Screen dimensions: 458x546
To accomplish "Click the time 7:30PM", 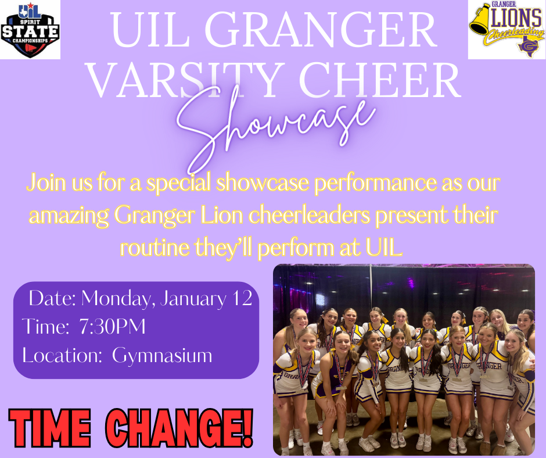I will coord(112,327).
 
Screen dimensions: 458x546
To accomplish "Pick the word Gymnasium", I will coord(163,355).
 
